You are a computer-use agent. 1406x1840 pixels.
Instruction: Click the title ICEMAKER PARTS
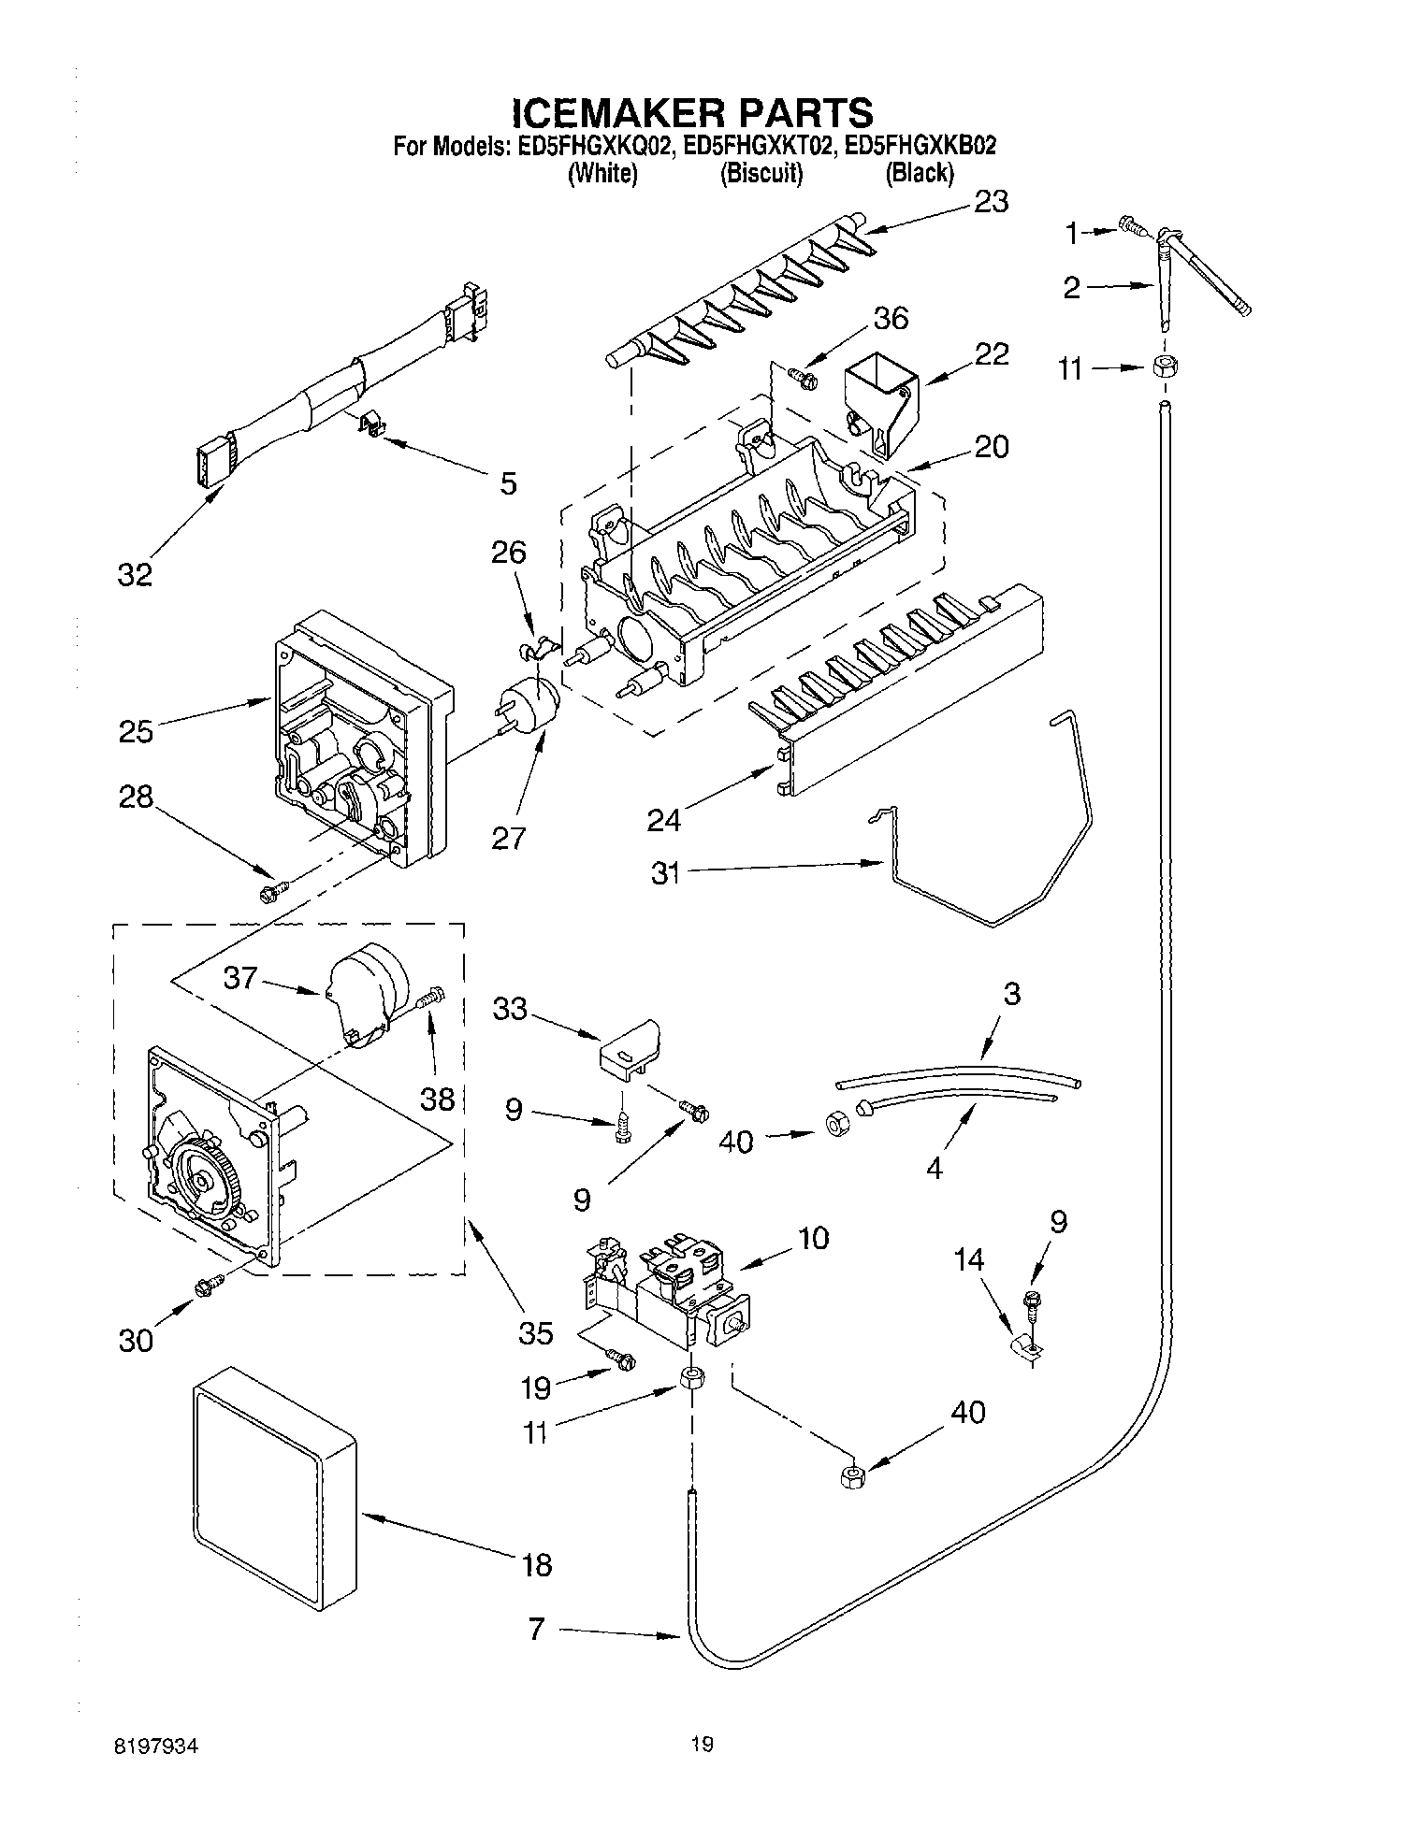pyautogui.click(x=692, y=112)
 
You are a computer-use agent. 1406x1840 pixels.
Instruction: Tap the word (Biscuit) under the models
pyautogui.click(x=761, y=174)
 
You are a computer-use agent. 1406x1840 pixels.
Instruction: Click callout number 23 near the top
pyautogui.click(x=990, y=202)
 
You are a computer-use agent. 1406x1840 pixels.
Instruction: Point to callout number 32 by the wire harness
pyautogui.click(x=135, y=574)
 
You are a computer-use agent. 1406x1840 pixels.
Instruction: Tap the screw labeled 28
pyautogui.click(x=272, y=893)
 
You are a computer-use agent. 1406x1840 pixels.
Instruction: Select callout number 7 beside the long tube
pyautogui.click(x=536, y=1630)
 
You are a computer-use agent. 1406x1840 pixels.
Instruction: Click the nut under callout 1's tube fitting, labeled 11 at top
pyautogui.click(x=1162, y=367)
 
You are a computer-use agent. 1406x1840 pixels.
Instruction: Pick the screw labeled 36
pyautogui.click(x=802, y=378)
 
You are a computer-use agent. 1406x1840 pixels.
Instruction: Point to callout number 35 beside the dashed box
pyautogui.click(x=536, y=1332)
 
